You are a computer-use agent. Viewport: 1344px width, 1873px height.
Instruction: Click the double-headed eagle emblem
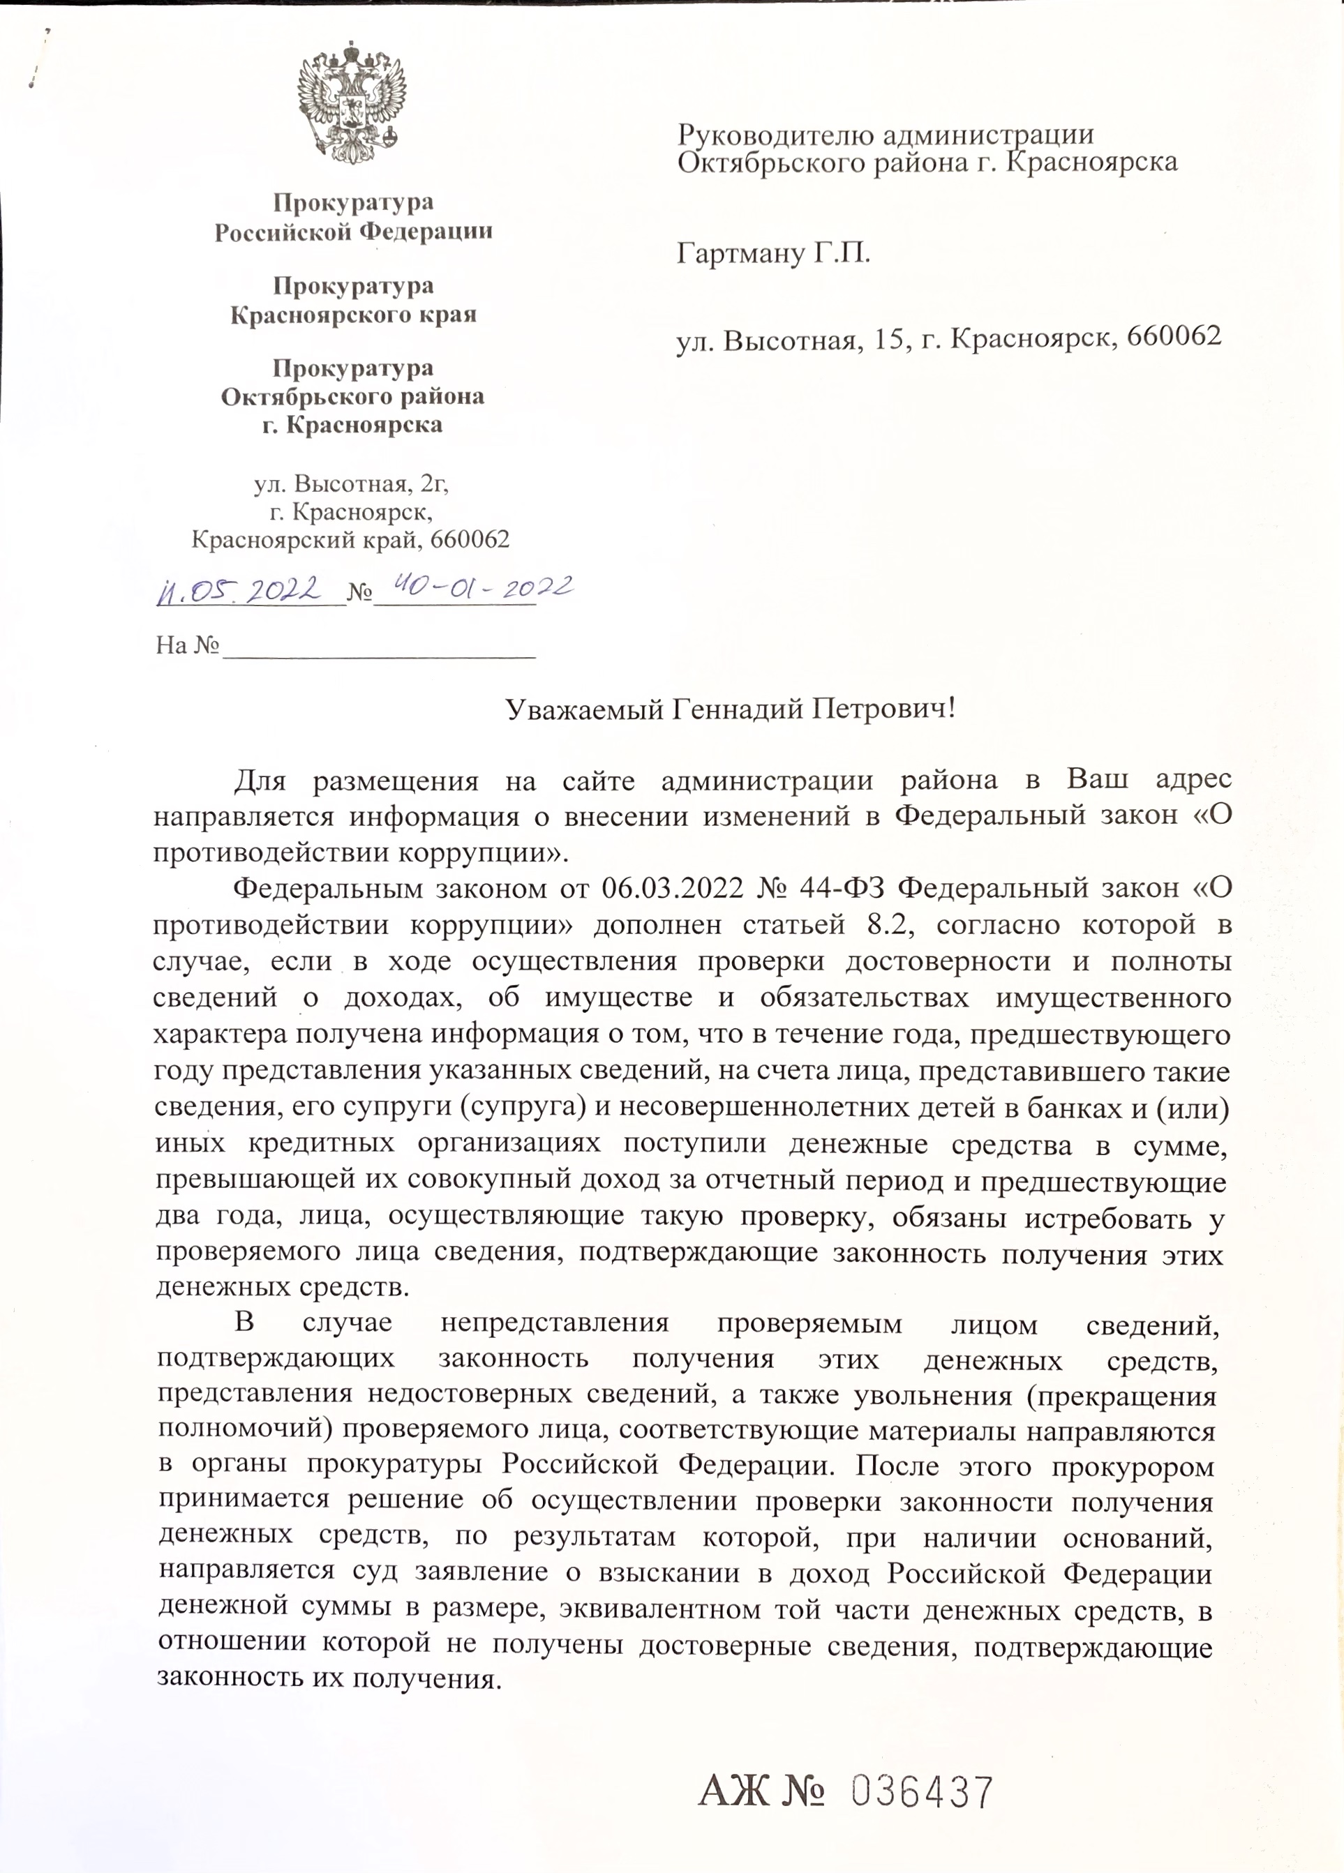point(352,105)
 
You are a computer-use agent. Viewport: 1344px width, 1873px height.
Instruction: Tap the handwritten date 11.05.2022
point(239,589)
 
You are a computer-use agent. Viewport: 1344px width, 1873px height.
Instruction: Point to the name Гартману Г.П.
point(773,253)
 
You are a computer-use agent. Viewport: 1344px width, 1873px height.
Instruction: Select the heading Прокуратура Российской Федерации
point(354,217)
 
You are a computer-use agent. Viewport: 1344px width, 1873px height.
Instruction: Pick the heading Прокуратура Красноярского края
point(354,300)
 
